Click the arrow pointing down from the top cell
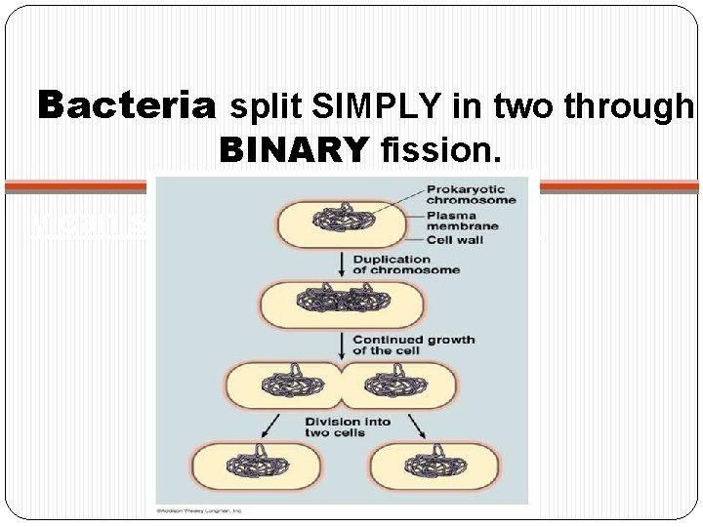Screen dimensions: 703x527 click(339, 262)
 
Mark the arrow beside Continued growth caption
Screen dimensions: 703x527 click(339, 343)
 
